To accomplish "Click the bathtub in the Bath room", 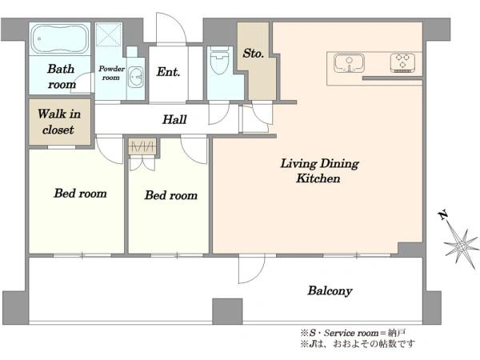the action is (x=60, y=38).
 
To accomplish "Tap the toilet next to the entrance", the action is (x=220, y=61).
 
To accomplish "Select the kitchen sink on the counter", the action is (x=349, y=63).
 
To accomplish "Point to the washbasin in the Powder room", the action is (x=135, y=77).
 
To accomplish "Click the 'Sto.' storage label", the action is (x=253, y=54).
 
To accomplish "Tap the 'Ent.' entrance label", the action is (x=168, y=72).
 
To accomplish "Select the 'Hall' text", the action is (x=174, y=119).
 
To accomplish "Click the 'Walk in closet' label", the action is (x=59, y=122).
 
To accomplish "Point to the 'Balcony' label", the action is (x=330, y=290).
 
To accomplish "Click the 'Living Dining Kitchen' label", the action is (x=319, y=170).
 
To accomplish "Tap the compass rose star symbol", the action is (x=462, y=246).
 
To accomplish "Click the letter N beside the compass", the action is (x=442, y=215).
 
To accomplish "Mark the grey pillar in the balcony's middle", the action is (x=227, y=311).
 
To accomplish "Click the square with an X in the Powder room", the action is (x=109, y=34).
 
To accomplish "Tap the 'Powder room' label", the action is (x=111, y=73).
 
